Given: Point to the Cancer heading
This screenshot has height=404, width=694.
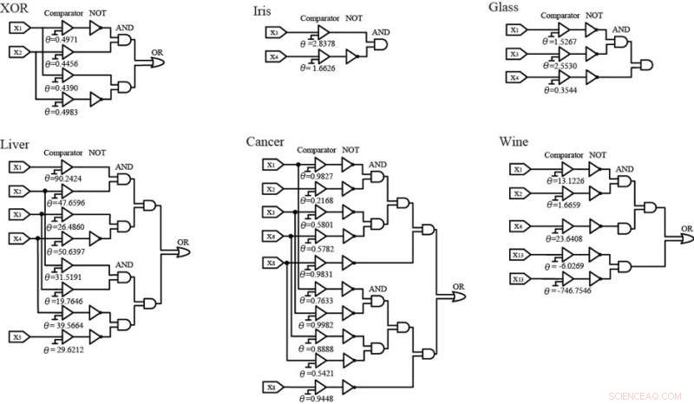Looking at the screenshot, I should point(266,142).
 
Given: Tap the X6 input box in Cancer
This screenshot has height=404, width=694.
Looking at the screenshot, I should point(272,236).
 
